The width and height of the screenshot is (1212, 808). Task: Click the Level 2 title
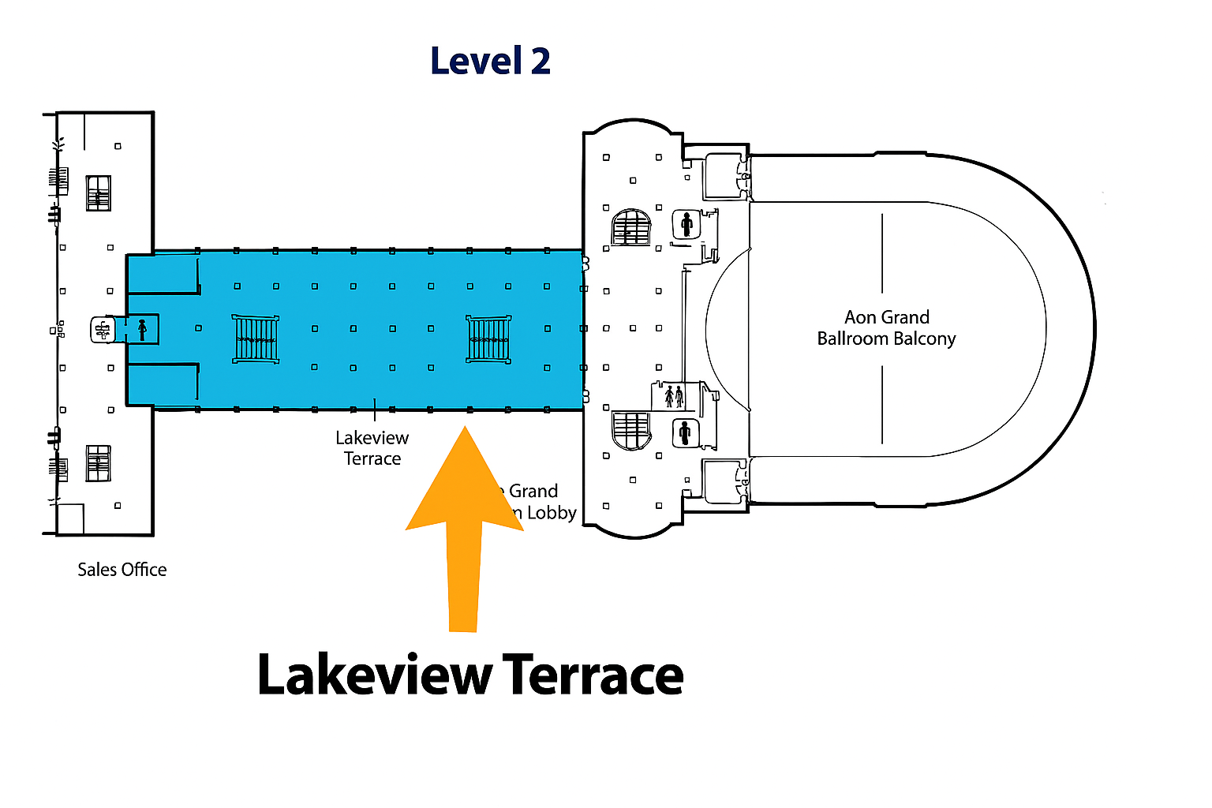490,62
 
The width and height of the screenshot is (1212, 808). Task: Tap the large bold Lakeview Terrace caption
470,675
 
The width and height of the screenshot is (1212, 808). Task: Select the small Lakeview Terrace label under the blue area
372,448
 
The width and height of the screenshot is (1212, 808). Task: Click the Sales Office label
122,570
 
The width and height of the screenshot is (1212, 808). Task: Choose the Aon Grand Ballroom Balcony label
886,328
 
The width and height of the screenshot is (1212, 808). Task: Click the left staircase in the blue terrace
256,339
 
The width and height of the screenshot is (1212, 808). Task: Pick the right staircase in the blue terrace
488,339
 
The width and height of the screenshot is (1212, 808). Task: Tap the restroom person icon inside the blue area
142,330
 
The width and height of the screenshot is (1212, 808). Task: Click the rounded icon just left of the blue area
103,330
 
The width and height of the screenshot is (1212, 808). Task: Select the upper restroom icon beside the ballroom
686,225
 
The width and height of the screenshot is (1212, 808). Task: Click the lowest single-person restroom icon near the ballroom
684,432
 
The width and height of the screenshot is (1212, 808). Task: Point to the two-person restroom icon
673,395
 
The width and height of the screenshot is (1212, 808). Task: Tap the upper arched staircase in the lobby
631,227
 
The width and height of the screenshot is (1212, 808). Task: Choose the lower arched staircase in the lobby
631,430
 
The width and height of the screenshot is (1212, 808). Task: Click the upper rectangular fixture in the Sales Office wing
98,193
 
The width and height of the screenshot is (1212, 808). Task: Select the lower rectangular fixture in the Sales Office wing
98,462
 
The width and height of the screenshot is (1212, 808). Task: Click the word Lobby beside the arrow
552,513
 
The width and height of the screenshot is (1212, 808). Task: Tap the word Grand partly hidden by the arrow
533,491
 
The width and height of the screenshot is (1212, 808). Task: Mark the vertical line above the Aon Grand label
882,253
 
